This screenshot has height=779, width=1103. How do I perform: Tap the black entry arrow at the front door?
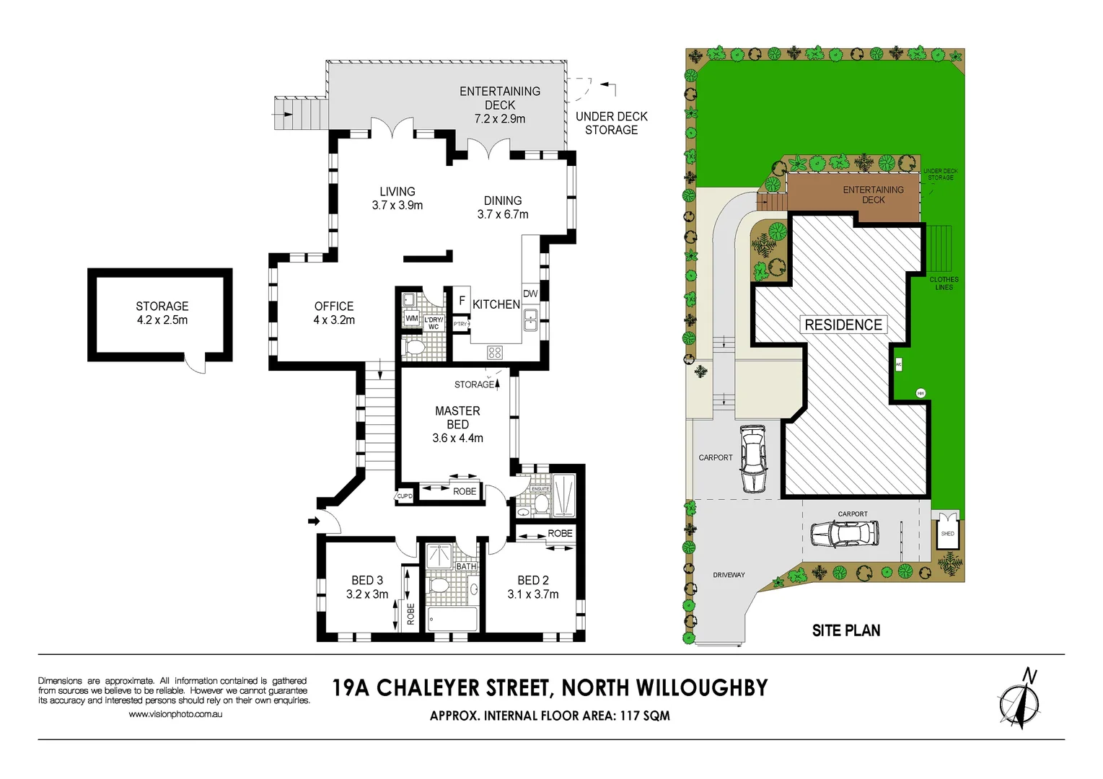[314, 521]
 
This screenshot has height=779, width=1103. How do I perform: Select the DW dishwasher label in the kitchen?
[530, 294]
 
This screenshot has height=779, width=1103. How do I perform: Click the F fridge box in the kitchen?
[462, 300]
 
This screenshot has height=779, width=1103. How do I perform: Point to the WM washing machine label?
[411, 318]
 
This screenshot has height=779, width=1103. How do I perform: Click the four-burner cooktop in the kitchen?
[495, 352]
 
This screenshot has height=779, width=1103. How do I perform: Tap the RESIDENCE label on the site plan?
[843, 325]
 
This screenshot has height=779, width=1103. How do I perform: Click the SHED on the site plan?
[947, 534]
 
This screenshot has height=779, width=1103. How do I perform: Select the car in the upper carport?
[752, 457]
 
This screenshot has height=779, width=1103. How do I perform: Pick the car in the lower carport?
[844, 534]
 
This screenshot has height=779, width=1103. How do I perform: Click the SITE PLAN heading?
[845, 630]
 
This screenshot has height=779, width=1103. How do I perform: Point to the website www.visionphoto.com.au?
[175, 714]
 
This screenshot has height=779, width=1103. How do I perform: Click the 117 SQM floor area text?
[644, 716]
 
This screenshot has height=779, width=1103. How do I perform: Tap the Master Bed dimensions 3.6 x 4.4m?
[457, 438]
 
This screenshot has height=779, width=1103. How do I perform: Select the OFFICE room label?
[334, 306]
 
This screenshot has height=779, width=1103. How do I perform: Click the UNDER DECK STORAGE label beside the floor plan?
[611, 123]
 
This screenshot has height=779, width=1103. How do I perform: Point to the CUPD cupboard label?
[405, 496]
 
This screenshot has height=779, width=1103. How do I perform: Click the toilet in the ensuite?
[542, 504]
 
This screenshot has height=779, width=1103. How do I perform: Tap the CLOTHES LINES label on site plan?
[944, 283]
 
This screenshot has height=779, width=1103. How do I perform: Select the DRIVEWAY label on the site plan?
[729, 575]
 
